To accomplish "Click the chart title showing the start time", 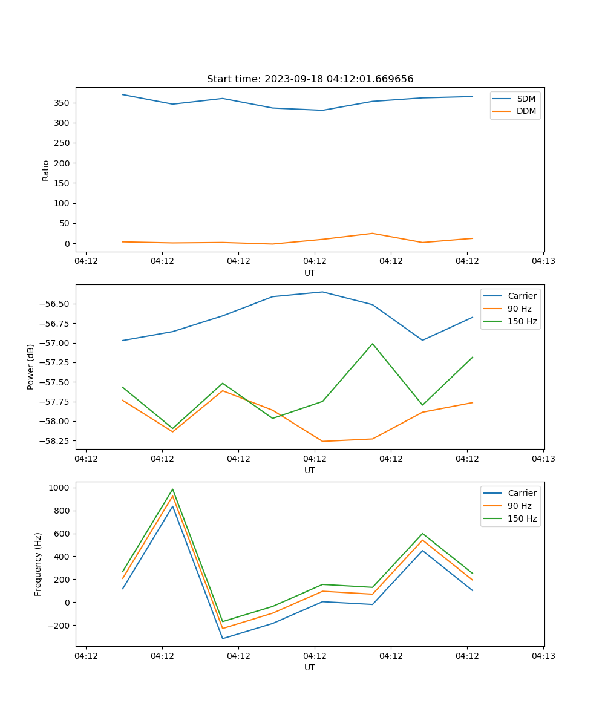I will pos(310,79).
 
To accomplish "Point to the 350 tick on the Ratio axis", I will pos(64,103).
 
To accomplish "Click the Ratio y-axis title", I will pos(46,170).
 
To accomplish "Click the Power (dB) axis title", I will pos(31,367).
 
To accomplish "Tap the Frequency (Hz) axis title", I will pos(38,564).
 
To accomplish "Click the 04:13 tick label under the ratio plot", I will pos(543,261).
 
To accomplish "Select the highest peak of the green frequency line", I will pos(172,489).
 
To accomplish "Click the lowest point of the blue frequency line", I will pos(223,638).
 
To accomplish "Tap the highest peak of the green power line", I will pos(373,344).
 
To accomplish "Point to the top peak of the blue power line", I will pos(322,292).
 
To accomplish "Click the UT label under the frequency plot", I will pos(310,667).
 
